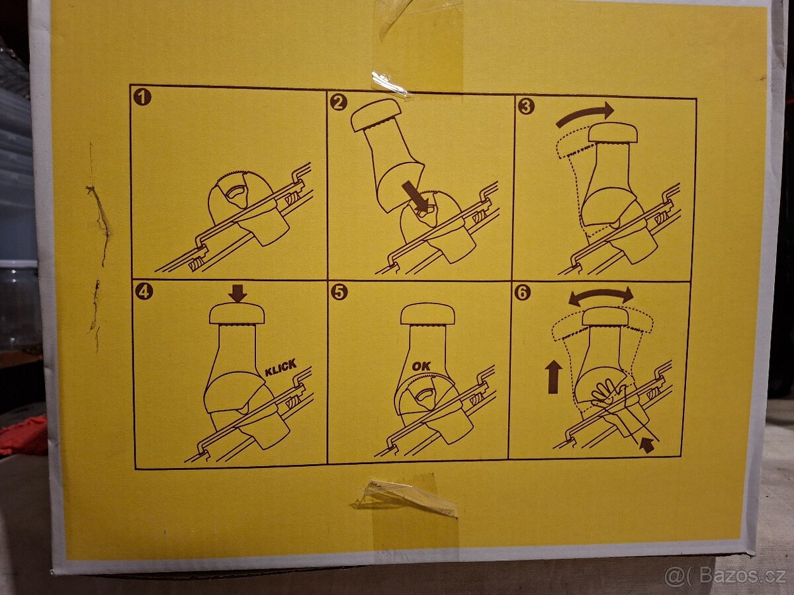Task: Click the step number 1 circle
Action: (142, 97)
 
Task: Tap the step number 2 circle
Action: (338, 102)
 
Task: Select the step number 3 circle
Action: (526, 106)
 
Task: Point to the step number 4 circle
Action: (144, 292)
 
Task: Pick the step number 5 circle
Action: (339, 292)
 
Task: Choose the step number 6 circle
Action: (522, 292)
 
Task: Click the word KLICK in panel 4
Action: (281, 368)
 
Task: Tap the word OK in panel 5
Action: (421, 366)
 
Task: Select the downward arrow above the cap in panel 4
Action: (238, 293)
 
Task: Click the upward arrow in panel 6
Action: (554, 377)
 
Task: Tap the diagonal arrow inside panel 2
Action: (416, 197)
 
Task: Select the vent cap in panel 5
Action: (428, 313)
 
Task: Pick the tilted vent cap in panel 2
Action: (377, 115)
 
